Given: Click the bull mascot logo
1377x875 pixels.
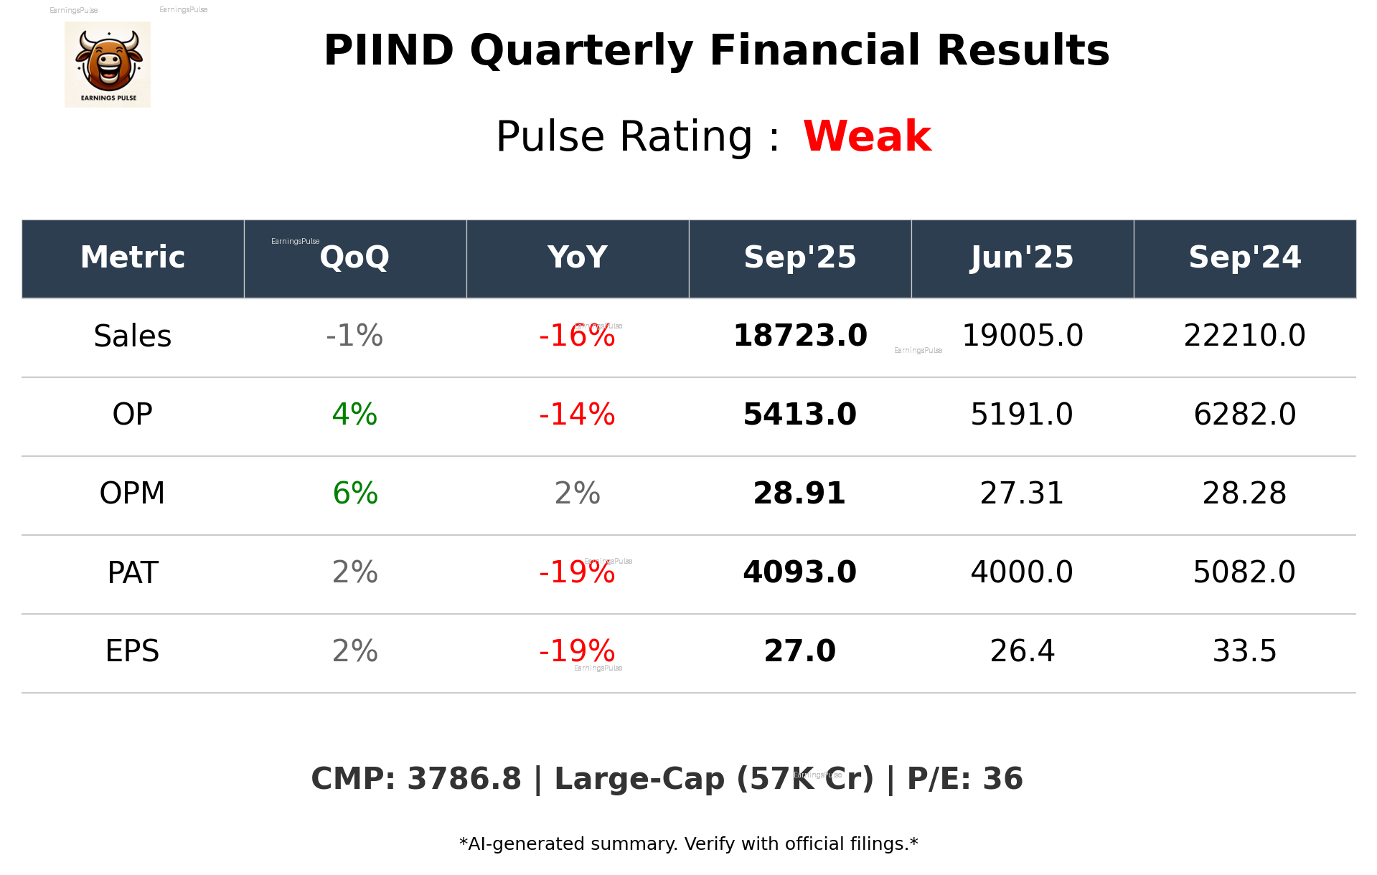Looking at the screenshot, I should click(108, 64).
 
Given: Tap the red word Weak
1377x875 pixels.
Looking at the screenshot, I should click(867, 136).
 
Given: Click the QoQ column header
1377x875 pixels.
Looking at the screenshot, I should click(354, 257).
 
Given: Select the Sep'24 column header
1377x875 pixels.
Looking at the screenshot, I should click(1244, 257).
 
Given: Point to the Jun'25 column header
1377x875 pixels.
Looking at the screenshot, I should click(1022, 257).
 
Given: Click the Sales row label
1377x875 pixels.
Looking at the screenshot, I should click(133, 336).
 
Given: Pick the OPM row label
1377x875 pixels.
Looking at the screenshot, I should click(133, 493).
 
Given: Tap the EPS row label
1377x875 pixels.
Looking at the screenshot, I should click(133, 651).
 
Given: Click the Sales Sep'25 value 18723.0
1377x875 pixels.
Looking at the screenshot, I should click(800, 336).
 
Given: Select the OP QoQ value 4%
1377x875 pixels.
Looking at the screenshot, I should click(354, 415).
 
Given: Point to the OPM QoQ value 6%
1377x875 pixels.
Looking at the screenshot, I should click(355, 493).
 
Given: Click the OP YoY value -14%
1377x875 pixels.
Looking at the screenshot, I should click(577, 415).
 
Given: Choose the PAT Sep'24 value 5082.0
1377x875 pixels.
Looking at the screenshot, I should click(1244, 572).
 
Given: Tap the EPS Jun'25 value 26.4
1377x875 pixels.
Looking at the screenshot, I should click(1022, 651).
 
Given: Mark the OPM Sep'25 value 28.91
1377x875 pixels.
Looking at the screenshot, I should click(799, 493).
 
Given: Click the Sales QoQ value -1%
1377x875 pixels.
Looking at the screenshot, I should click(354, 336).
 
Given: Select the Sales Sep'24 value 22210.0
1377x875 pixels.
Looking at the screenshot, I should click(1244, 336).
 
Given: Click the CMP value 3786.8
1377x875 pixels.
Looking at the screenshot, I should click(464, 779).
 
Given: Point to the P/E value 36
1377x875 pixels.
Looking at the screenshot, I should click(1002, 779).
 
